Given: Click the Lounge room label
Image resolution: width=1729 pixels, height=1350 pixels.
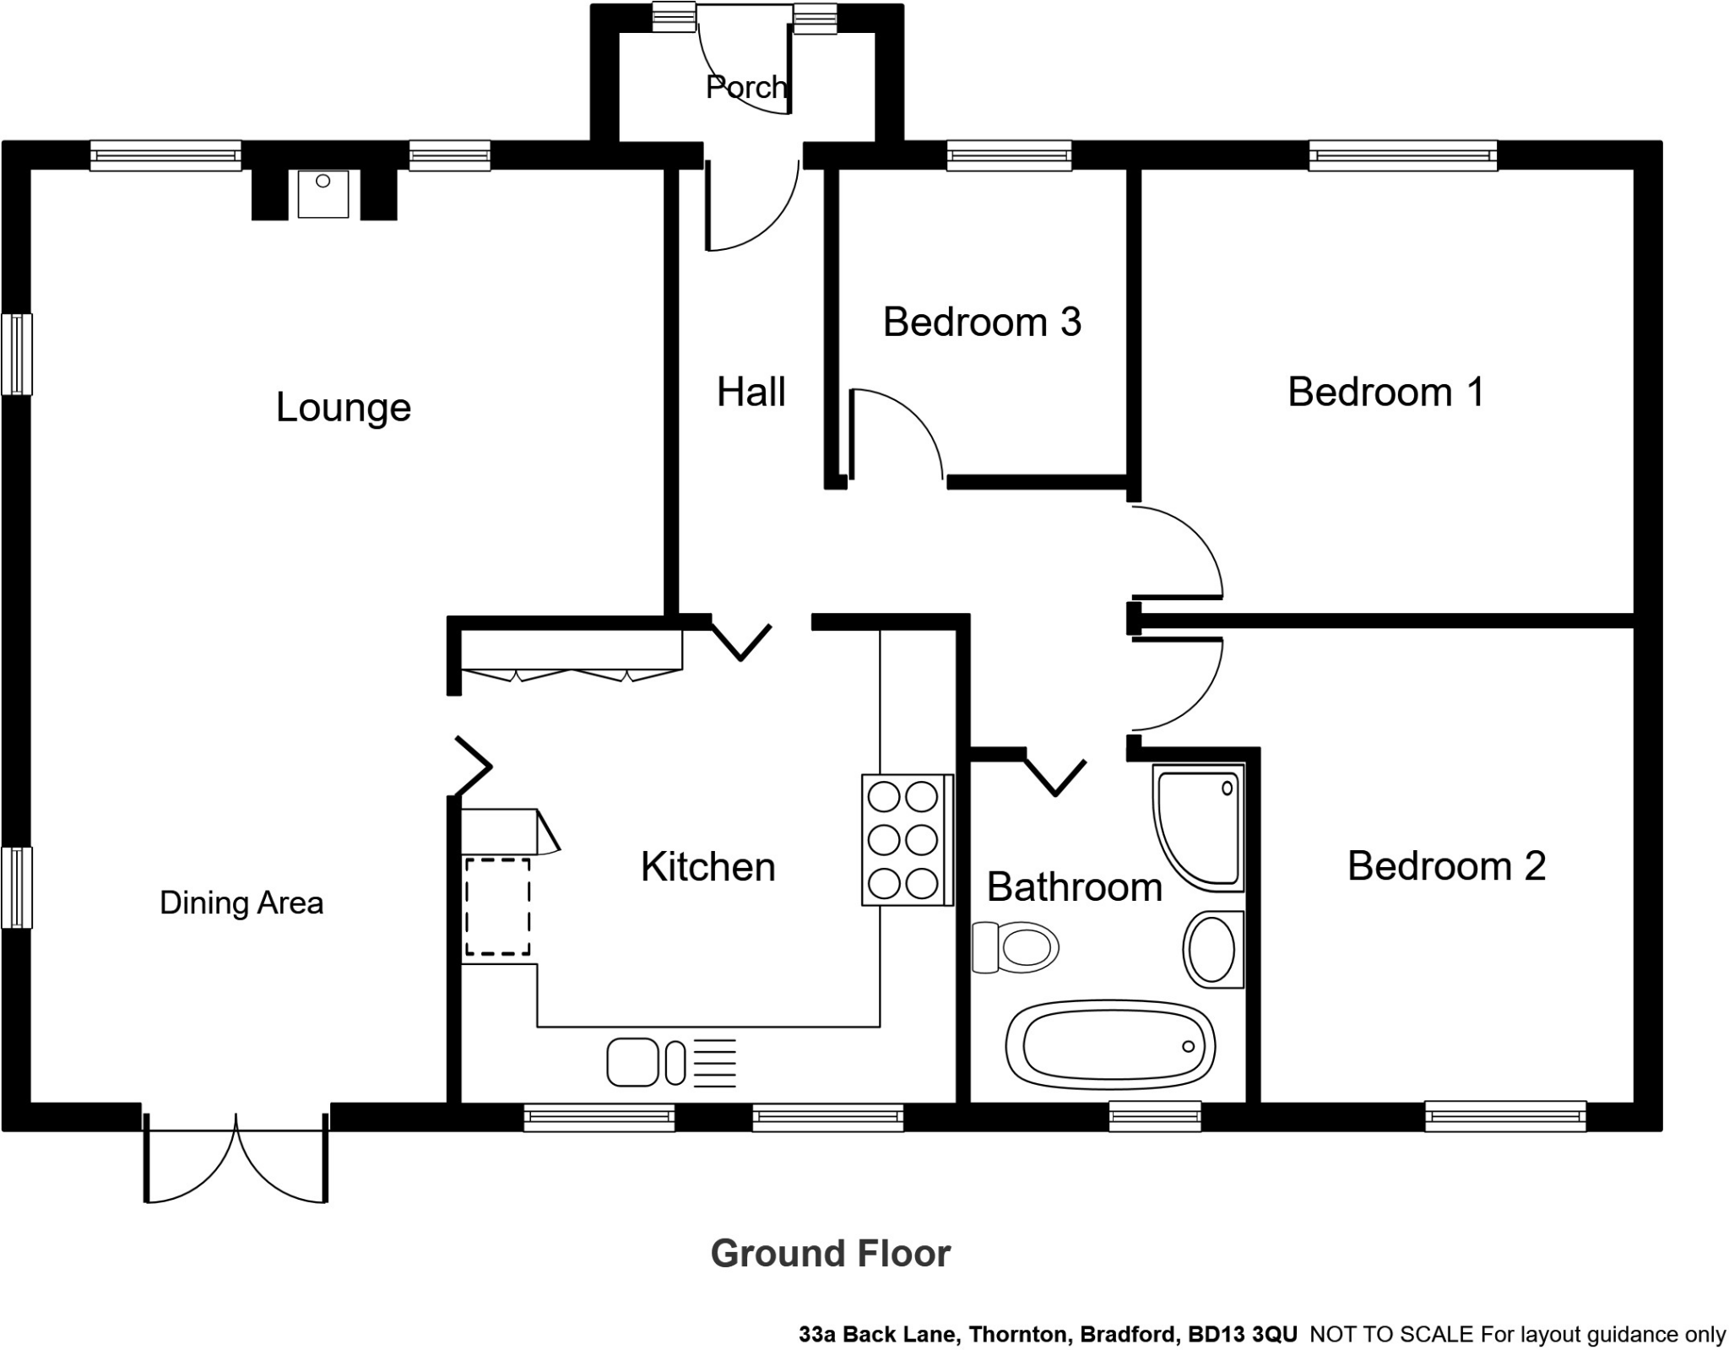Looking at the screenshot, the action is (x=343, y=408).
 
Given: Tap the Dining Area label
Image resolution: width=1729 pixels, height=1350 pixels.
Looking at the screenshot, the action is (x=241, y=903).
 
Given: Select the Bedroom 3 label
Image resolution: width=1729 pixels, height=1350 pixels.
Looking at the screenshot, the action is (x=982, y=322).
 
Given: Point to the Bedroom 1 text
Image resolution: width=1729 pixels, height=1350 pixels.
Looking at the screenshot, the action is (x=1385, y=392).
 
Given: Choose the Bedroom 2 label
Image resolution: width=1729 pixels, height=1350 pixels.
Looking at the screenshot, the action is (x=1446, y=866).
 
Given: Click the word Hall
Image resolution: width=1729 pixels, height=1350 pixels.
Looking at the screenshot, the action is (x=751, y=392).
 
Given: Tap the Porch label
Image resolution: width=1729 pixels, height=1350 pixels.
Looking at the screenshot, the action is (x=746, y=87).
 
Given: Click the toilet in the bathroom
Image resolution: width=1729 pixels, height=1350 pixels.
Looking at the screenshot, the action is (x=1016, y=946).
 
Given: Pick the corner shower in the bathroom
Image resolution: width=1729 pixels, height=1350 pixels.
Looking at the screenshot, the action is (x=1198, y=827).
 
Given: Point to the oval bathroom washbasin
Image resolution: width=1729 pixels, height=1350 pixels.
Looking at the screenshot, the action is (x=1213, y=949).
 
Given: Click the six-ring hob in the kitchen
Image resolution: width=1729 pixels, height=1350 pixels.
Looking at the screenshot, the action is (x=907, y=839).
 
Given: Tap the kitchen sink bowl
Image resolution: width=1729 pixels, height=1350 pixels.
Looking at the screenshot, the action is (x=632, y=1062).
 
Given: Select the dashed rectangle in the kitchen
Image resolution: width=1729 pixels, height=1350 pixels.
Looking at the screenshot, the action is (x=497, y=907).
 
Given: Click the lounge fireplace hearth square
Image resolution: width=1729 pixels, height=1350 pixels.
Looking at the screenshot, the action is (x=323, y=193).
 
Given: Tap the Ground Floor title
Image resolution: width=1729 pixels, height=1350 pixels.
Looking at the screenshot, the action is (x=831, y=1254).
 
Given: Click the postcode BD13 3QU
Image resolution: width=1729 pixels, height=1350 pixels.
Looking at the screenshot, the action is (x=1243, y=1335).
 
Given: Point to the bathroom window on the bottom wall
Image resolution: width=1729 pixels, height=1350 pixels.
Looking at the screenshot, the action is (x=1155, y=1116).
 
